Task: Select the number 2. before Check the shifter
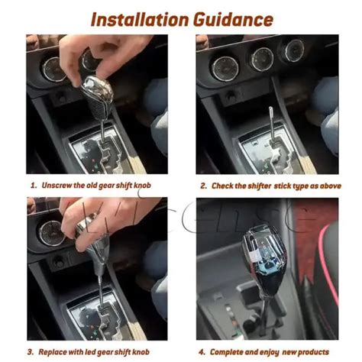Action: [x=204, y=186]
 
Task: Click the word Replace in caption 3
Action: [x=57, y=352]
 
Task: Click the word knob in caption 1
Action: [x=150, y=186]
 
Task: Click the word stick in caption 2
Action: [x=284, y=186]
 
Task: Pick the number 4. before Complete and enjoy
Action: [x=203, y=352]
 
